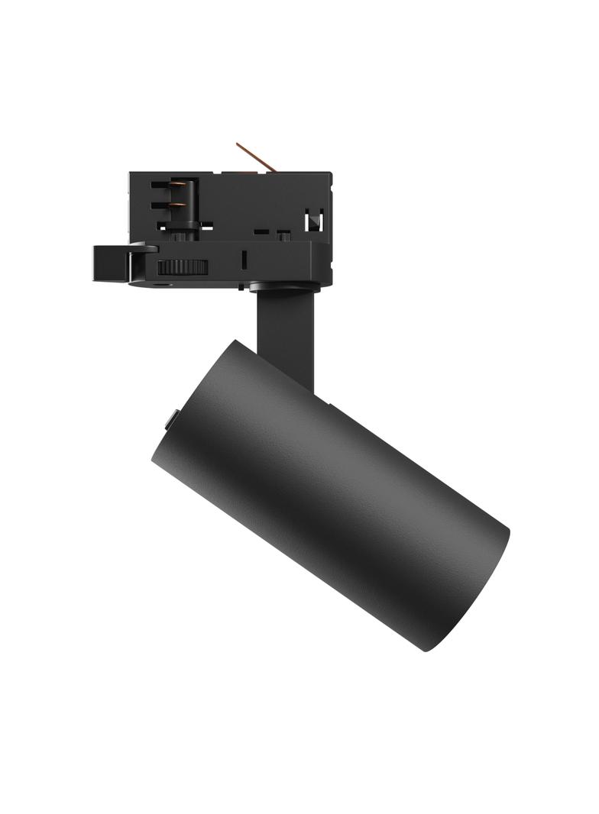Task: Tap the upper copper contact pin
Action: click(177, 186)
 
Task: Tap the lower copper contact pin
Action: click(178, 205)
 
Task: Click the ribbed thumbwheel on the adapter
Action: click(183, 266)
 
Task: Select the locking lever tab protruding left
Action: click(111, 263)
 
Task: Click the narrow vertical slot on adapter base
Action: click(243, 259)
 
